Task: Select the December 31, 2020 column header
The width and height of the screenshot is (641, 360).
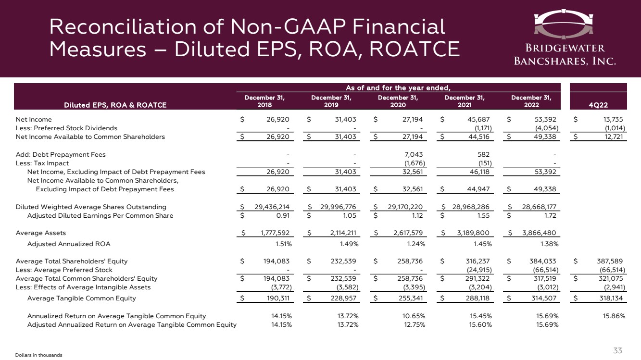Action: point(397,100)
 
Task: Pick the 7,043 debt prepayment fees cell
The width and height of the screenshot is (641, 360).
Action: point(412,155)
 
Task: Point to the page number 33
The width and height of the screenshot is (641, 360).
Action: point(618,350)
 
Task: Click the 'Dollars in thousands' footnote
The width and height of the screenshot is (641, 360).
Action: point(39,355)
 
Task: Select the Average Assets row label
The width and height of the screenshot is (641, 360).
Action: point(41,233)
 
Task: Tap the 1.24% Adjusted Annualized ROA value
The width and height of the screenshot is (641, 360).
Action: point(412,244)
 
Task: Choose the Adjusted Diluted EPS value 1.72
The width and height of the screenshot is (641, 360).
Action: point(550,216)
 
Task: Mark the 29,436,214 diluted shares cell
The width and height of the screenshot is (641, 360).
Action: point(268,207)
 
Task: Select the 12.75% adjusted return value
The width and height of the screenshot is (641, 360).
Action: point(412,324)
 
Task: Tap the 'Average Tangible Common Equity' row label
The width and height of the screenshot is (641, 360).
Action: point(82,298)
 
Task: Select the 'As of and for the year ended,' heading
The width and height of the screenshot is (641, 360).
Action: point(397,87)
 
